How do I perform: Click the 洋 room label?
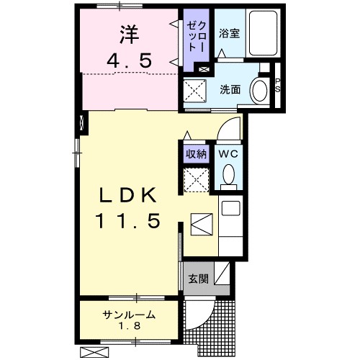point(128,33)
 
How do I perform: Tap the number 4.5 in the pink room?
point(130,61)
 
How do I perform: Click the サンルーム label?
point(129,315)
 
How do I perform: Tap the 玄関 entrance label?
point(198,279)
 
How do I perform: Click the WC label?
point(228,153)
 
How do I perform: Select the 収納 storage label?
point(196,153)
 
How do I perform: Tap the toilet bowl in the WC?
point(228,175)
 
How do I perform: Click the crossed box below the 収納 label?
point(196,179)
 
